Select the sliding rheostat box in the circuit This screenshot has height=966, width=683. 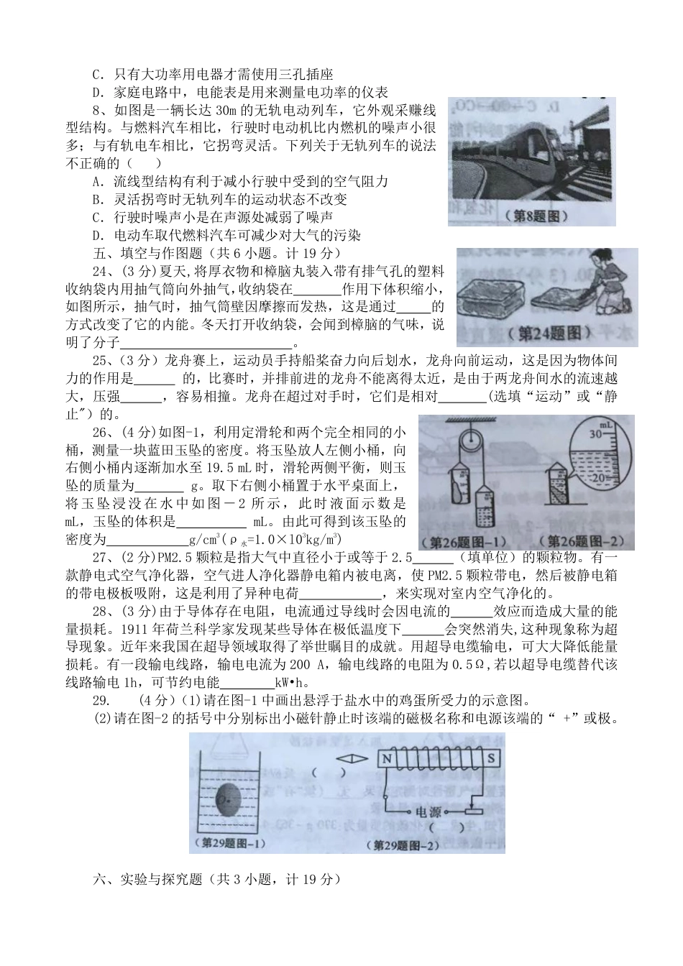[x=471, y=811]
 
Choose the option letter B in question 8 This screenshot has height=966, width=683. [x=98, y=199]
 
